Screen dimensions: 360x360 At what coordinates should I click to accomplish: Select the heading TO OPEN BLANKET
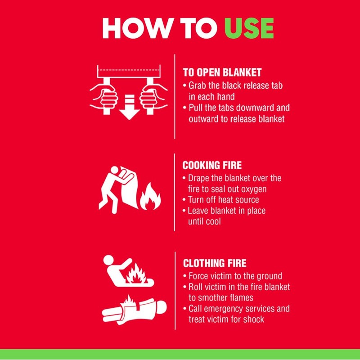[x=222, y=72]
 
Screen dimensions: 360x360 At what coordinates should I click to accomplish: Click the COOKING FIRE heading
[x=212, y=165]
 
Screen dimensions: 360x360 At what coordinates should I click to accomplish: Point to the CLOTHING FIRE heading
[x=215, y=263]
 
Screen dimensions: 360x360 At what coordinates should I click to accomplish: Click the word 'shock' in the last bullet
[x=253, y=319]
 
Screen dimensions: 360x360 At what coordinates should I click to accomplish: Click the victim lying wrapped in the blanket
[x=135, y=309]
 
